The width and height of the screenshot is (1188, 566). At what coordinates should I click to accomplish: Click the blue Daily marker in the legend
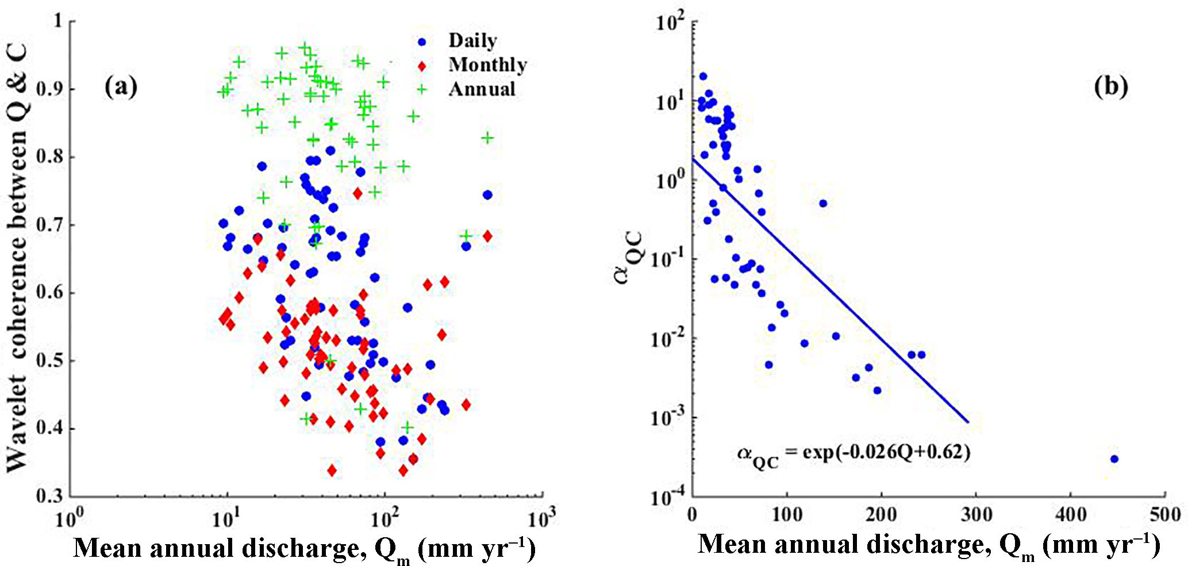422,42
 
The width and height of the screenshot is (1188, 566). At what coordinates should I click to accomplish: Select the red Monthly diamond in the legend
422,66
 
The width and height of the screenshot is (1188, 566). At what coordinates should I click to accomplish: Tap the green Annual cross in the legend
422,89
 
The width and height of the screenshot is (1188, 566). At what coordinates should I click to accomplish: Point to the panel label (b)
1110,86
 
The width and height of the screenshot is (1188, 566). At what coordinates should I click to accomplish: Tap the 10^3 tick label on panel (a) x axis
541,519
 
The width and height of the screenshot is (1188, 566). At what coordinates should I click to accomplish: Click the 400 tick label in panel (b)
1070,514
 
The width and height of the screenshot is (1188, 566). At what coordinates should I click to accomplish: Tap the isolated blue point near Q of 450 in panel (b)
1114,459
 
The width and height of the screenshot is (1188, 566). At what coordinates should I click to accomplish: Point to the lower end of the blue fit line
968,422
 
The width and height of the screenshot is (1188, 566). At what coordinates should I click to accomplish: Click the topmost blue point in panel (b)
703,77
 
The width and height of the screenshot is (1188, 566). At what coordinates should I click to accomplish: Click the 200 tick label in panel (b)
881,514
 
